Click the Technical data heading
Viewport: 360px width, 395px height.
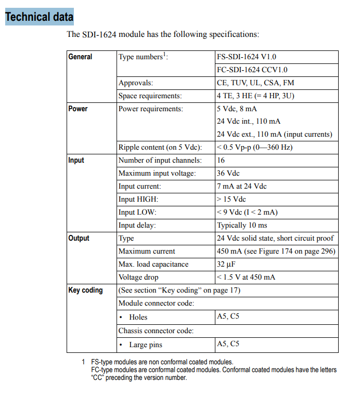pyautogui.click(x=39, y=17)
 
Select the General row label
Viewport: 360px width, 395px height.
pyautogui.click(x=80, y=57)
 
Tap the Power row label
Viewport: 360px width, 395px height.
pyautogui.click(x=78, y=109)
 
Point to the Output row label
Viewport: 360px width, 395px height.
pyautogui.click(x=79, y=238)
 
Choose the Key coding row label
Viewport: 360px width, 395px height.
pyautogui.click(x=86, y=290)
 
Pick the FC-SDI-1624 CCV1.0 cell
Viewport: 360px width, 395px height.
pyautogui.click(x=252, y=70)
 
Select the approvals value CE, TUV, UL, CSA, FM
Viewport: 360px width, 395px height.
pyautogui.click(x=255, y=83)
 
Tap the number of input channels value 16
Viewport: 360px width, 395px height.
pyautogui.click(x=221, y=161)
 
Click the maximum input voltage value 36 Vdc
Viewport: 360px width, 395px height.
pyautogui.click(x=228, y=174)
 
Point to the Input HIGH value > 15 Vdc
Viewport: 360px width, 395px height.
pyautogui.click(x=232, y=200)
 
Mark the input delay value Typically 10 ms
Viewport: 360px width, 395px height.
pyautogui.click(x=241, y=226)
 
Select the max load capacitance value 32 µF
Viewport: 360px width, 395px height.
pyautogui.click(x=227, y=264)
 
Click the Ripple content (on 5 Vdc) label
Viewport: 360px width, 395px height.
pyautogui.click(x=160, y=148)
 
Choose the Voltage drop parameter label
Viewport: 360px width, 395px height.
pyautogui.click(x=138, y=277)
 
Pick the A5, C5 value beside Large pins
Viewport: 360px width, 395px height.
pyautogui.click(x=228, y=344)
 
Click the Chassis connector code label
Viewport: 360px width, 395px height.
pyautogui.click(x=156, y=331)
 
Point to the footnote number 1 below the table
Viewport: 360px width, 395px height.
pyautogui.click(x=83, y=362)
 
